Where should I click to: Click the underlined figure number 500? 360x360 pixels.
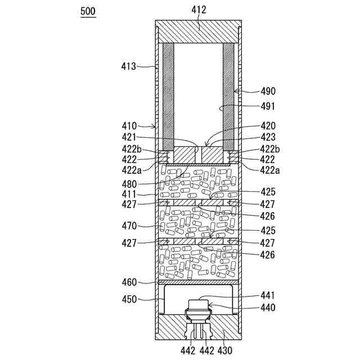88,11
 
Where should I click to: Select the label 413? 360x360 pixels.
128,66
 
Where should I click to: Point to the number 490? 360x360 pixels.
268,91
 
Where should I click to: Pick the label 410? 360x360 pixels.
128,126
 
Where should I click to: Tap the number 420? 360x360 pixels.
268,126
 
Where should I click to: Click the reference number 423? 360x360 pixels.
268,136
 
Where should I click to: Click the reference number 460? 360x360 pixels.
128,282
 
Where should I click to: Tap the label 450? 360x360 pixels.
128,299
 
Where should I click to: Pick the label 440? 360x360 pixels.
268,308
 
